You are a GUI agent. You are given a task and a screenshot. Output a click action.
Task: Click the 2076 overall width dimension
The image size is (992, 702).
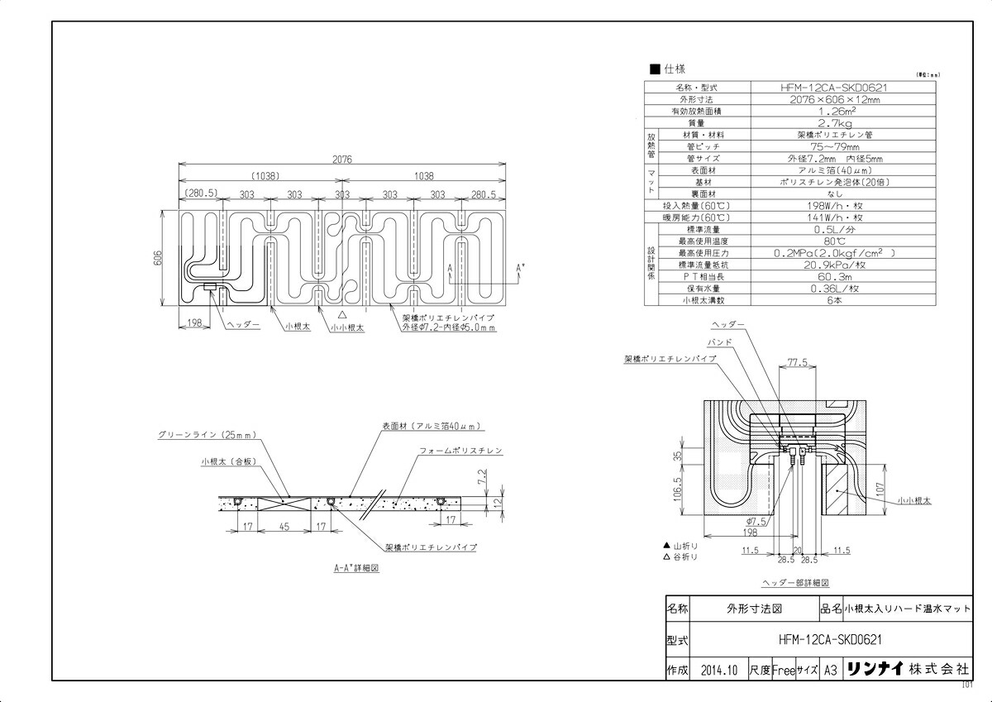(342, 160)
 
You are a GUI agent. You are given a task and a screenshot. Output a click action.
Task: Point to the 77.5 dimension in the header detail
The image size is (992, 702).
(797, 362)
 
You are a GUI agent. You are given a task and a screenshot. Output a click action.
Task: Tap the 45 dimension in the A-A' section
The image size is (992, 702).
(283, 525)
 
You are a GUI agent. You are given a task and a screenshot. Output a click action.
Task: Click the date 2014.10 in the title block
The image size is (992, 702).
(717, 669)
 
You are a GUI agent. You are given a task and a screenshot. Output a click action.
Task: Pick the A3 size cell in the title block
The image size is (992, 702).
(831, 669)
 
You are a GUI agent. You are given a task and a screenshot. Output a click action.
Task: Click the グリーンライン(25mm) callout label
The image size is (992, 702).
(208, 434)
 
